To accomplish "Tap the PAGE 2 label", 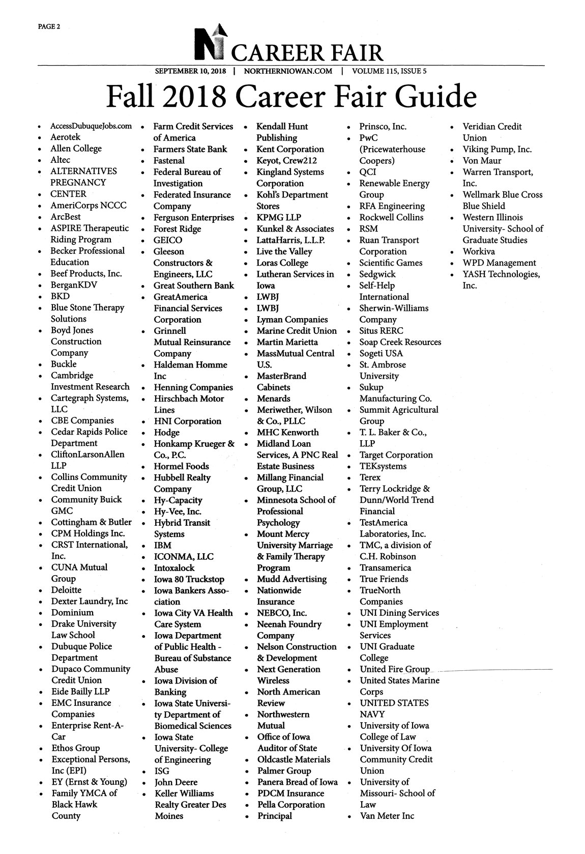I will [x=49, y=27].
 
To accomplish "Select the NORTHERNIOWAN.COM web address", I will [x=288, y=71].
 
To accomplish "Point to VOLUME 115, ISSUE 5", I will [x=389, y=71].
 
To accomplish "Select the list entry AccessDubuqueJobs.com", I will [x=91, y=126].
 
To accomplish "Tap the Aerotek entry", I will [x=65, y=137].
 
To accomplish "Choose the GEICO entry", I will [x=168, y=240].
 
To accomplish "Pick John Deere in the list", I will [x=175, y=782].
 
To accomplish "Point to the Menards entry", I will [x=273, y=398].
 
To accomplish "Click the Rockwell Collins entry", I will [x=391, y=217].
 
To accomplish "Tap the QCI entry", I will [x=367, y=172].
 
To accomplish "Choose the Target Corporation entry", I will [x=396, y=455].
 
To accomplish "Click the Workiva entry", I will [x=479, y=251].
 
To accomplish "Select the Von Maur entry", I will [x=482, y=160].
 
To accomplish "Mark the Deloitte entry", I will [x=66, y=590].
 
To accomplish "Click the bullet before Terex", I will [x=349, y=478].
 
